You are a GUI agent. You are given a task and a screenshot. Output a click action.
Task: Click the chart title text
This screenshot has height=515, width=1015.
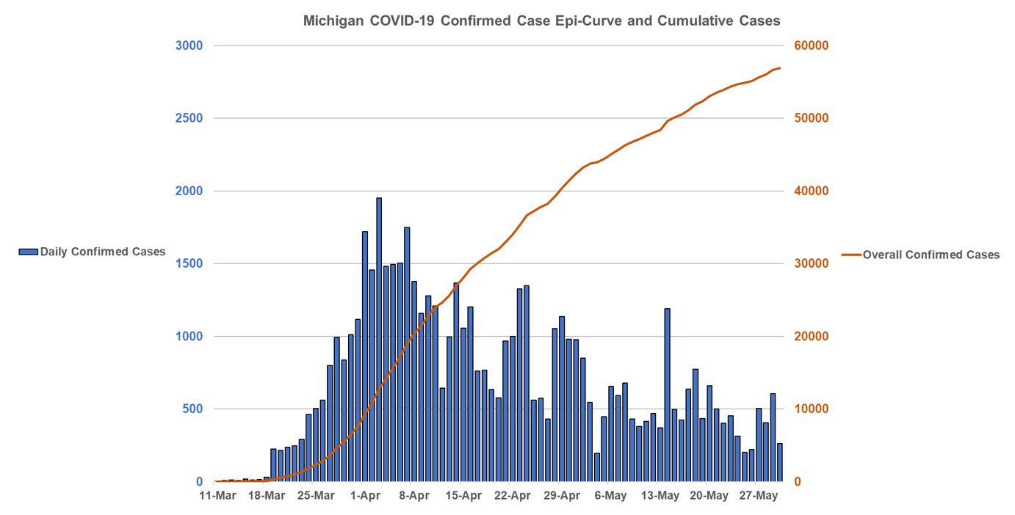tap(541, 21)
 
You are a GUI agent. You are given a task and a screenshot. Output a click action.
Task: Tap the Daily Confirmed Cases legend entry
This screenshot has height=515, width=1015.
tap(93, 252)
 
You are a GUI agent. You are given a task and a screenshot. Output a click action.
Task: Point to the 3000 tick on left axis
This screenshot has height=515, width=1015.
tap(189, 45)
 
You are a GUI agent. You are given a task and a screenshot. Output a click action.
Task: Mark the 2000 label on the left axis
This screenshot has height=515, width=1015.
tap(189, 191)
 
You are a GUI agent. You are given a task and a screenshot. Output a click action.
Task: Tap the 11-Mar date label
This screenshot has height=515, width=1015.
tap(217, 497)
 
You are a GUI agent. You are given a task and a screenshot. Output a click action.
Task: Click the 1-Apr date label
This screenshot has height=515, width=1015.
tap(365, 497)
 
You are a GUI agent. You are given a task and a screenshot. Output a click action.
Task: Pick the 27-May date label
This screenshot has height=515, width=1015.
tap(759, 497)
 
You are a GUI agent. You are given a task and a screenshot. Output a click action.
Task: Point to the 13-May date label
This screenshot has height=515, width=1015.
tap(660, 497)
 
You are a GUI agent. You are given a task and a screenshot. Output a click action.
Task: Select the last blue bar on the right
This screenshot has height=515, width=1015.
tap(780, 462)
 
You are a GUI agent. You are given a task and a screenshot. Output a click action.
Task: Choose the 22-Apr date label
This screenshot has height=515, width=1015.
tap(513, 497)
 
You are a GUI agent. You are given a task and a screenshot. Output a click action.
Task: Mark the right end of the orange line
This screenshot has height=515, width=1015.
tap(780, 68)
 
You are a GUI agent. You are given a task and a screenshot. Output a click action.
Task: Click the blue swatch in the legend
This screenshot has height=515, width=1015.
tap(28, 252)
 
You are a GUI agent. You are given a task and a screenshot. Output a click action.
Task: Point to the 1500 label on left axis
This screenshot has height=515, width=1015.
tap(189, 263)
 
